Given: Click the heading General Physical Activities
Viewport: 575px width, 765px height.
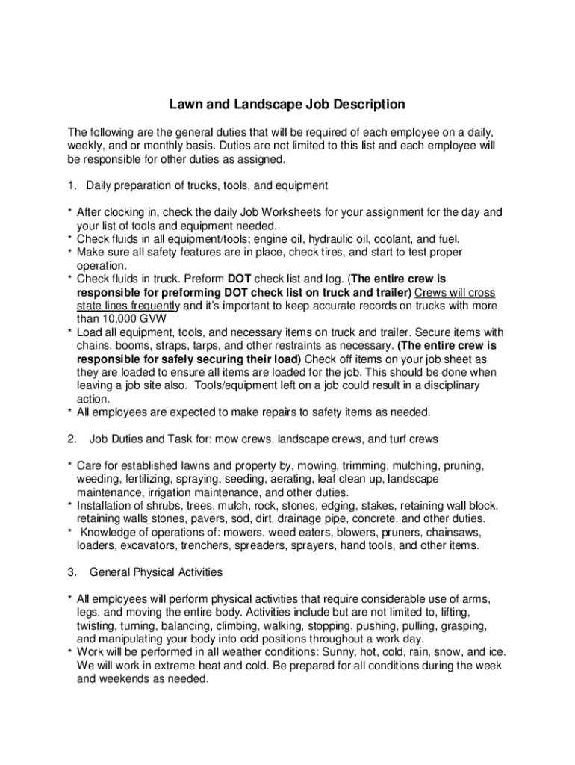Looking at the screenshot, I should point(156,572).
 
